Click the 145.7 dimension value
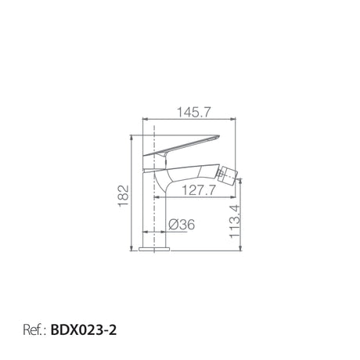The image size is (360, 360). pyautogui.click(x=193, y=113)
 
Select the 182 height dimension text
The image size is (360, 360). pyautogui.click(x=124, y=196)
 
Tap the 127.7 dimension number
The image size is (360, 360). pyautogui.click(x=199, y=190)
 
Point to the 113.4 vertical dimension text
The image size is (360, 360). pyautogui.click(x=235, y=221)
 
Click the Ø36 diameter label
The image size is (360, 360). pyautogui.click(x=182, y=225)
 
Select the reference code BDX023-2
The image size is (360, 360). pyautogui.click(x=84, y=330)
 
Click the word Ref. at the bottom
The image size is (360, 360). pyautogui.click(x=33, y=330)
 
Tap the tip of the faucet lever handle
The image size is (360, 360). pyautogui.click(x=218, y=136)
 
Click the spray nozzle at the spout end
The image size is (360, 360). pyautogui.click(x=227, y=175)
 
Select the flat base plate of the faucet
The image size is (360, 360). pyautogui.click(x=154, y=249)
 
